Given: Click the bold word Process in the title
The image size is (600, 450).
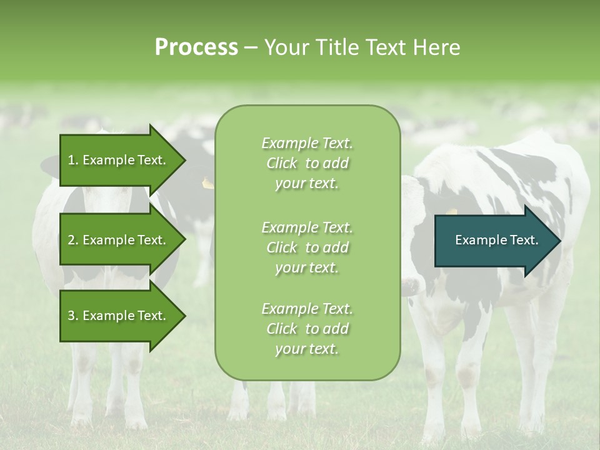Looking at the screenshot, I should point(196,47).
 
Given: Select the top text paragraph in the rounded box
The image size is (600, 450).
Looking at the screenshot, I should point(307,163).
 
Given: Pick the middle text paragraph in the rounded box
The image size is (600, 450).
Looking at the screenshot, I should point(307,247).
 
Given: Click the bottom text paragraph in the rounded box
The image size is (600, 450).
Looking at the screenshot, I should point(307,329).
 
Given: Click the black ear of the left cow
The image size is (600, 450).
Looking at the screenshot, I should point(50,166).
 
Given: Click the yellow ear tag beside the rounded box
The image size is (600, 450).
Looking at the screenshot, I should point(207,183).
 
